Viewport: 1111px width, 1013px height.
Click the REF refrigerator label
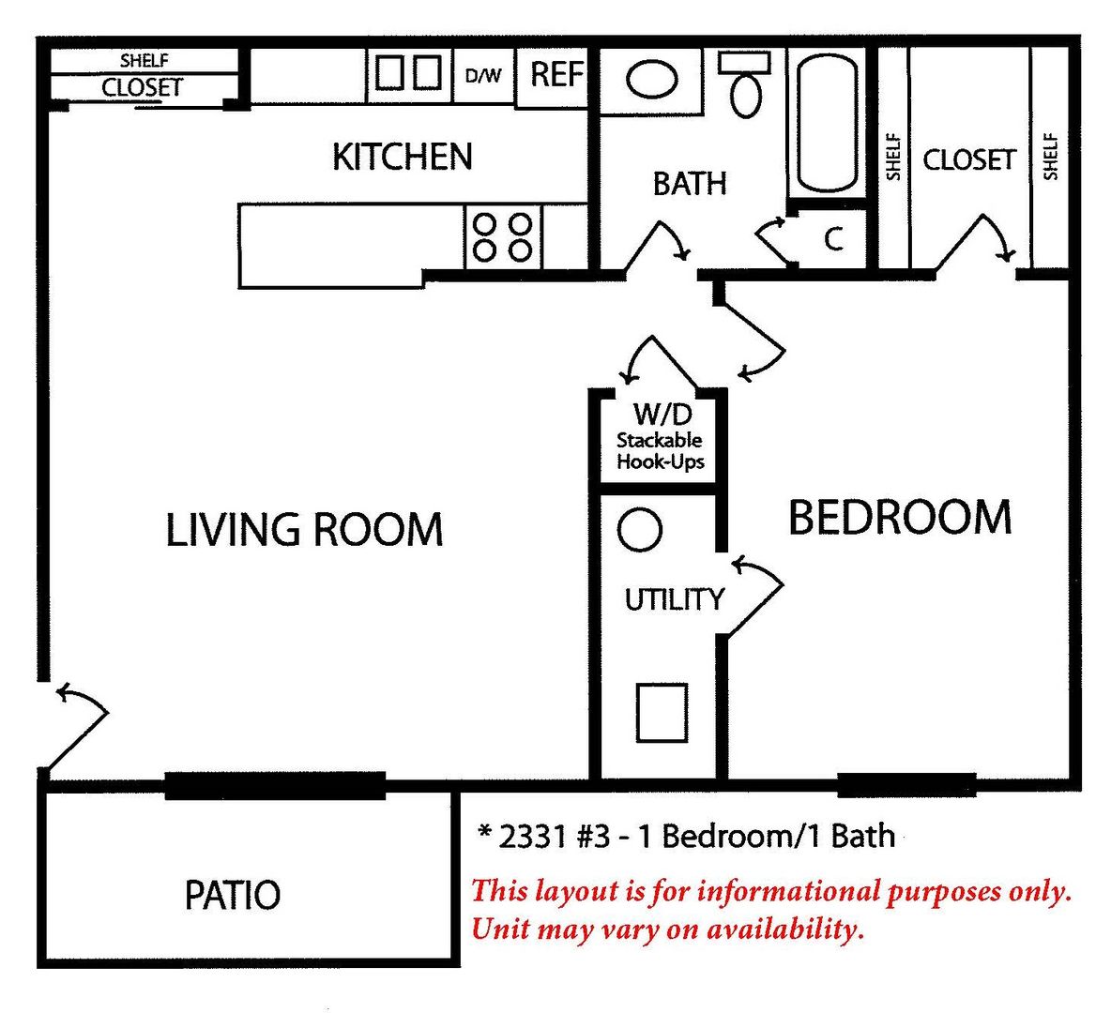click(x=557, y=74)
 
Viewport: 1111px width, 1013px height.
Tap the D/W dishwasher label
click(x=483, y=75)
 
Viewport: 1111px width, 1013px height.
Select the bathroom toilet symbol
click(x=745, y=83)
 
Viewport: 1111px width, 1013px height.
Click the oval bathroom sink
click(x=652, y=80)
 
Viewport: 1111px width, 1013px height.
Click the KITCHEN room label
click(x=403, y=157)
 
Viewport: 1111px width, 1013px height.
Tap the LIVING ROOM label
click(x=304, y=529)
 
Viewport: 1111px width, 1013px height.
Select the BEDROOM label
click(x=900, y=517)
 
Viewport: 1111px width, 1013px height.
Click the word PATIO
click(x=233, y=895)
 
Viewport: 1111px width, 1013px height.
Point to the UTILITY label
click(x=674, y=599)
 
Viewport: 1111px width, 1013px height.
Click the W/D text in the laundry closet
click(x=662, y=414)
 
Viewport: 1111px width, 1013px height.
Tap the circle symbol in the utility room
click(x=640, y=529)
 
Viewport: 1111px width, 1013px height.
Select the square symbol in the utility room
click(x=662, y=713)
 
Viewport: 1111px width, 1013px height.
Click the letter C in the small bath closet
click(x=834, y=239)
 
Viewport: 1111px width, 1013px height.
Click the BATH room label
click(x=690, y=184)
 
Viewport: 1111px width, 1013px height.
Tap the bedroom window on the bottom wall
click(x=907, y=785)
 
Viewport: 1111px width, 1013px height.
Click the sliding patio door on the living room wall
click(x=275, y=786)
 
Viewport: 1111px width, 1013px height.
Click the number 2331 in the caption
click(x=532, y=837)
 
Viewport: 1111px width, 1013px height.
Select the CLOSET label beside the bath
click(x=969, y=160)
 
